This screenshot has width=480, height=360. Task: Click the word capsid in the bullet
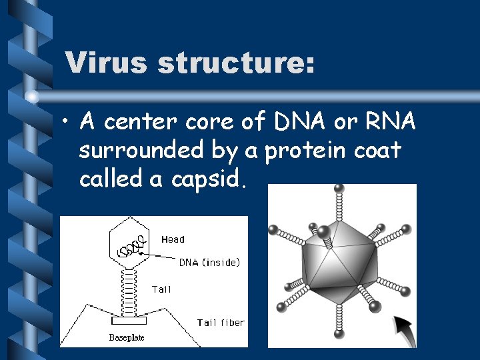pyautogui.click(x=213, y=179)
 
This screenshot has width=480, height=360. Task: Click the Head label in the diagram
pyautogui.click(x=173, y=239)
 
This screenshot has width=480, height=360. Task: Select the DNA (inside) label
pyautogui.click(x=209, y=263)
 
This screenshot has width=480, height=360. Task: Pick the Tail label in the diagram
pyautogui.click(x=161, y=289)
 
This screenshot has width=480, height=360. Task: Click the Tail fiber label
pyautogui.click(x=221, y=323)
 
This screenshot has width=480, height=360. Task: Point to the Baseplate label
pyautogui.click(x=126, y=337)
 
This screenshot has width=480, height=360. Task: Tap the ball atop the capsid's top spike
pyautogui.click(x=342, y=189)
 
